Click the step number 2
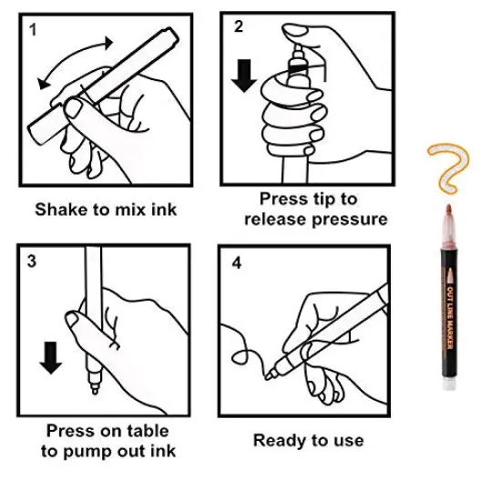[x=239, y=26]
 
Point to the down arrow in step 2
[x=244, y=76]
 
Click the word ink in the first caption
[x=164, y=210]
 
